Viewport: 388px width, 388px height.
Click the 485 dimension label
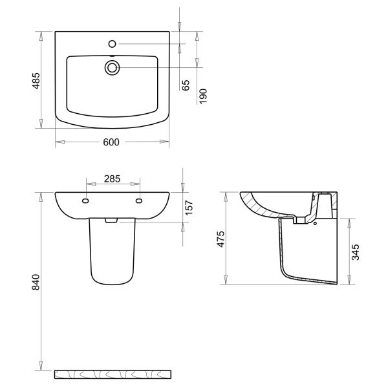click(36, 81)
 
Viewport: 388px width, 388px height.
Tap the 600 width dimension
click(111, 142)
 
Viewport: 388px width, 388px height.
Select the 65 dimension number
click(186, 85)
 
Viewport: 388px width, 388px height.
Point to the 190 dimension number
click(202, 96)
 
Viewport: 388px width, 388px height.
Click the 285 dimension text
click(112, 178)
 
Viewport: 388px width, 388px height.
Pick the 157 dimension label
click(189, 208)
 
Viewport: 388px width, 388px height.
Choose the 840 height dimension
click(36, 282)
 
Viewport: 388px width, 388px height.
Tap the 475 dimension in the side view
click(221, 239)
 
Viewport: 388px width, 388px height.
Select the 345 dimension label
click(356, 252)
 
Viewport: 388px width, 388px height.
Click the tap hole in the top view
click(112, 44)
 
